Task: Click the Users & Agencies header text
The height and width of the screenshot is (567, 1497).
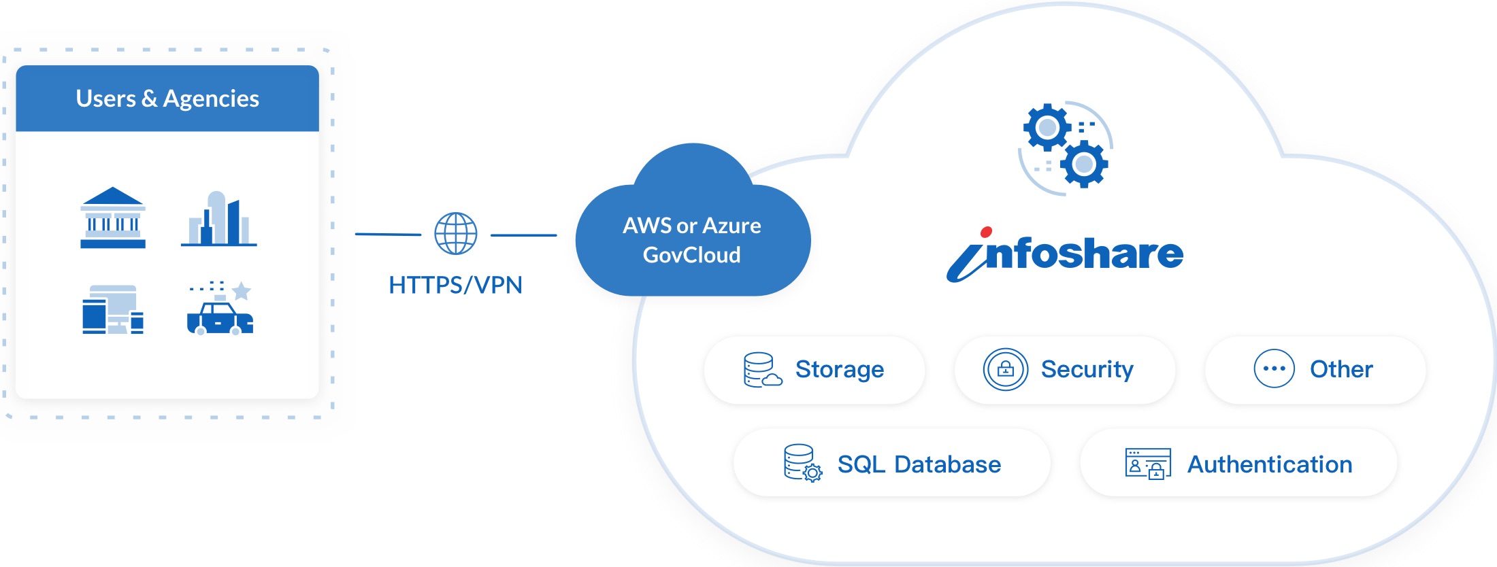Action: click(167, 99)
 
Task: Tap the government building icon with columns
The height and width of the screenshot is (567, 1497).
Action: click(113, 218)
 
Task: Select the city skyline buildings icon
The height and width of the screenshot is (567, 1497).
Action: click(218, 219)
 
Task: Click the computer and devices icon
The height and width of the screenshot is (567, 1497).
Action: click(113, 309)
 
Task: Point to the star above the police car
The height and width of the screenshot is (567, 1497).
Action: click(242, 291)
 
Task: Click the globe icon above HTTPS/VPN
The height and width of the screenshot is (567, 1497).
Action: click(456, 234)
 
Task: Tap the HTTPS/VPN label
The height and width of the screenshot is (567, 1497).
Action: click(455, 285)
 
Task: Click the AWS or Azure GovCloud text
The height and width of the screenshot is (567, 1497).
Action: click(692, 240)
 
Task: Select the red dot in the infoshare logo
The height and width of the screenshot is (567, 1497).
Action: click(986, 233)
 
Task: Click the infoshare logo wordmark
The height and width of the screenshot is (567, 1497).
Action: click(1066, 254)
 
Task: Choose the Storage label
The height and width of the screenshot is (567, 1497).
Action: click(840, 369)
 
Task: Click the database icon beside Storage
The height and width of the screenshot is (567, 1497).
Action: click(761, 370)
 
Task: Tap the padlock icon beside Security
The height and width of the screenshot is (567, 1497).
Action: click(1005, 369)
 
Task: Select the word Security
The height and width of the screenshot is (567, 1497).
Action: click(1087, 369)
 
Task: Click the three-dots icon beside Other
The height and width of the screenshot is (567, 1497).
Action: click(1274, 368)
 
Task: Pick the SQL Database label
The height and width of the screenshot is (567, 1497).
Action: click(919, 464)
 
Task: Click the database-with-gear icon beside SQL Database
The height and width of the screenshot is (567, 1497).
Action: click(802, 463)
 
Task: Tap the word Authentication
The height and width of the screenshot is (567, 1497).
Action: click(1270, 464)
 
